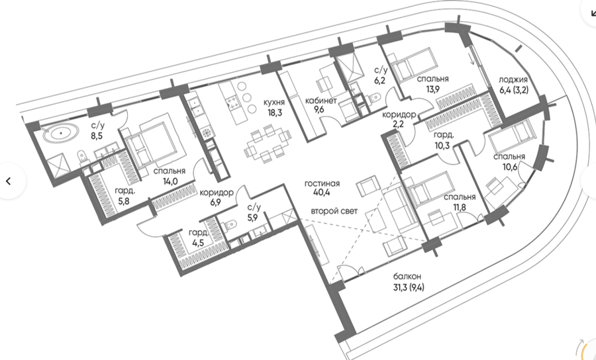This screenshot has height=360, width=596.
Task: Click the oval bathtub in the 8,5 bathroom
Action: tap(60, 134)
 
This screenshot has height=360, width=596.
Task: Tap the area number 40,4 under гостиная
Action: tap(322, 193)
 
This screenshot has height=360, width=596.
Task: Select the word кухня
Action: tap(274, 102)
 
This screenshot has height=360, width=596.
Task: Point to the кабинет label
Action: tap(321, 101)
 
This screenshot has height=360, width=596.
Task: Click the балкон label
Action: tap(407, 277)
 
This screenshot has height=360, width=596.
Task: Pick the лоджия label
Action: tap(513, 80)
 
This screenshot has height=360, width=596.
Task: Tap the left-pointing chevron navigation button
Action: tap(9, 181)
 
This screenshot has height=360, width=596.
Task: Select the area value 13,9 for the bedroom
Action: tap(432, 89)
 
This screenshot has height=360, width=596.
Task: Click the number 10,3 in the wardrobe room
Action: tap(442, 145)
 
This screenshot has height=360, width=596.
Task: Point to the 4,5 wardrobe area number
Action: tap(198, 243)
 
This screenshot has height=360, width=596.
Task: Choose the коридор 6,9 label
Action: tap(217, 197)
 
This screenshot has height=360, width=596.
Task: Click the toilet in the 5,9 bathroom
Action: tap(229, 226)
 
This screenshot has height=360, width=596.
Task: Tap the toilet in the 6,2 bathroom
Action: tap(375, 97)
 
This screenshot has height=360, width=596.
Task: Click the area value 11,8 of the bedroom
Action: tap(458, 207)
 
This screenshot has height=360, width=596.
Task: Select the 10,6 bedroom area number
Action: tap(510, 167)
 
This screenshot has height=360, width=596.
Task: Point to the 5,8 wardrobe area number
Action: tap(124, 201)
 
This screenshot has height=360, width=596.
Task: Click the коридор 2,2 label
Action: tap(399, 119)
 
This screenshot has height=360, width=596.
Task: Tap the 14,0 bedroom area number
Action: tap(170, 181)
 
